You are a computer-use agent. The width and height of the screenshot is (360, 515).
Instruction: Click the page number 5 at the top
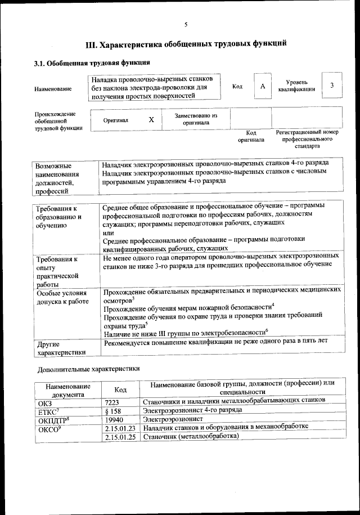coord(186,23)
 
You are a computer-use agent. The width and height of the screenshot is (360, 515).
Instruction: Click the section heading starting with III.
coord(186,43)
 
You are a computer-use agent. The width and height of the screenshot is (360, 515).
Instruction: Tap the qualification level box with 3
coord(332,86)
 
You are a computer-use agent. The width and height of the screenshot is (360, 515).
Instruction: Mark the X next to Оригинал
coord(151,120)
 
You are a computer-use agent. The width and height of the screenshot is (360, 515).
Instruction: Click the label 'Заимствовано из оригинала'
coord(196,119)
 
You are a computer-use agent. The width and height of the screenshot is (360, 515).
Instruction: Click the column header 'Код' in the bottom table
coord(120,389)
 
